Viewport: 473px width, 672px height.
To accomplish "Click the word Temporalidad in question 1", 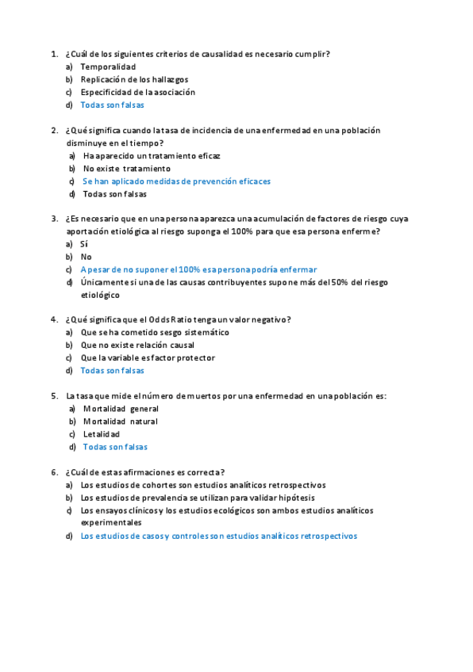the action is [107, 67].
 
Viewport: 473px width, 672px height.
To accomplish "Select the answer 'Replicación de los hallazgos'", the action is [133, 79].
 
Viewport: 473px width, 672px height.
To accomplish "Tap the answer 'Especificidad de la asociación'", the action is [137, 92].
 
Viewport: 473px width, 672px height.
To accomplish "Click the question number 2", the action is [53, 130].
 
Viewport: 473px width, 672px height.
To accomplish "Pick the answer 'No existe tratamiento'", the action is [126, 169].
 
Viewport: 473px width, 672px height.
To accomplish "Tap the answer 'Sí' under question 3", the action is [84, 244].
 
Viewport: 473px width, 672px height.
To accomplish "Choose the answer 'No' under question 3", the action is [86, 257].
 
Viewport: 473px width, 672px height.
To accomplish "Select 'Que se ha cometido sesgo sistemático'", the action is [154, 332].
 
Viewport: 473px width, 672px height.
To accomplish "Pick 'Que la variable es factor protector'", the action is [147, 357].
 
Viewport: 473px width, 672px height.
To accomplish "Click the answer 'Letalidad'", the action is [101, 434].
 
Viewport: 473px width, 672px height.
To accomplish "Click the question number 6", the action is [53, 472].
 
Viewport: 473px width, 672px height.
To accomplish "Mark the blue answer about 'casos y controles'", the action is [218, 536].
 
